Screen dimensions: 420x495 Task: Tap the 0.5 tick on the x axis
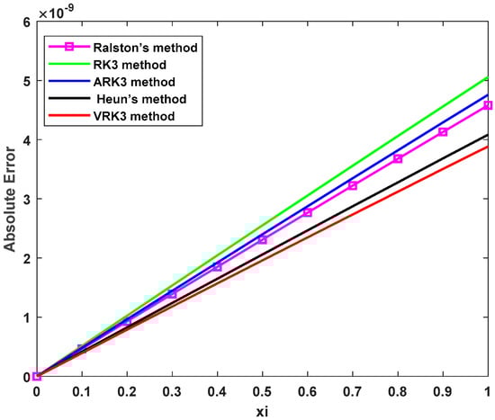(x=262, y=391)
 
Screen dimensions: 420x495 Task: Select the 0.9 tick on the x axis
(x=443, y=391)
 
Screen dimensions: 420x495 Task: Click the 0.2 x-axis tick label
(x=126, y=391)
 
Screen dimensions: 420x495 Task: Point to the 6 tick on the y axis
(x=24, y=22)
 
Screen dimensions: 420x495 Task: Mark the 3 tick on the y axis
(x=24, y=200)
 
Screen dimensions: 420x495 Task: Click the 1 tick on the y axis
(x=24, y=317)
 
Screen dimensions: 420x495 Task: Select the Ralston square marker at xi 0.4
(x=217, y=267)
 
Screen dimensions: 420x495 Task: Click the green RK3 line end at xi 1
(x=488, y=77)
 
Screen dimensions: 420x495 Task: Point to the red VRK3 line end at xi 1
(x=488, y=147)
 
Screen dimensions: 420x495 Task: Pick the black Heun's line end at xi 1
(x=488, y=135)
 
